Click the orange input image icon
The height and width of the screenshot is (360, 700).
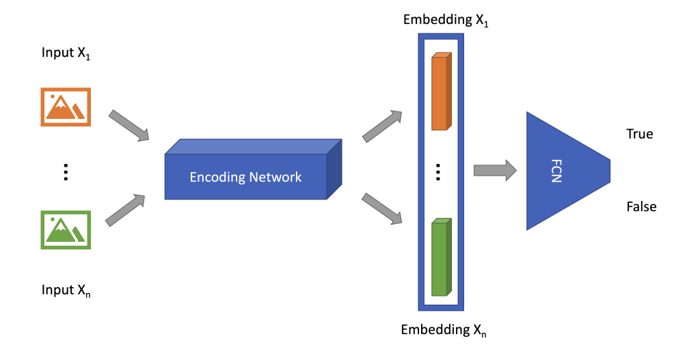click(x=66, y=107)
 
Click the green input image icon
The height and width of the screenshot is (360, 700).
click(x=66, y=230)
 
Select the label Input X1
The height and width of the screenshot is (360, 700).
click(x=66, y=54)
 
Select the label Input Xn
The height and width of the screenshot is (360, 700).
click(x=66, y=290)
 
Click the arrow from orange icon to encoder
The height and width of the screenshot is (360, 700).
click(x=129, y=125)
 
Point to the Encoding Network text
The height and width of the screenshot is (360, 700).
click(x=245, y=177)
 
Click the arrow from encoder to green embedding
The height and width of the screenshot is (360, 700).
click(x=381, y=209)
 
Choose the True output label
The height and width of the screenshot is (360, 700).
click(x=640, y=134)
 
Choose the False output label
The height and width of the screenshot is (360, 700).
click(x=641, y=206)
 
